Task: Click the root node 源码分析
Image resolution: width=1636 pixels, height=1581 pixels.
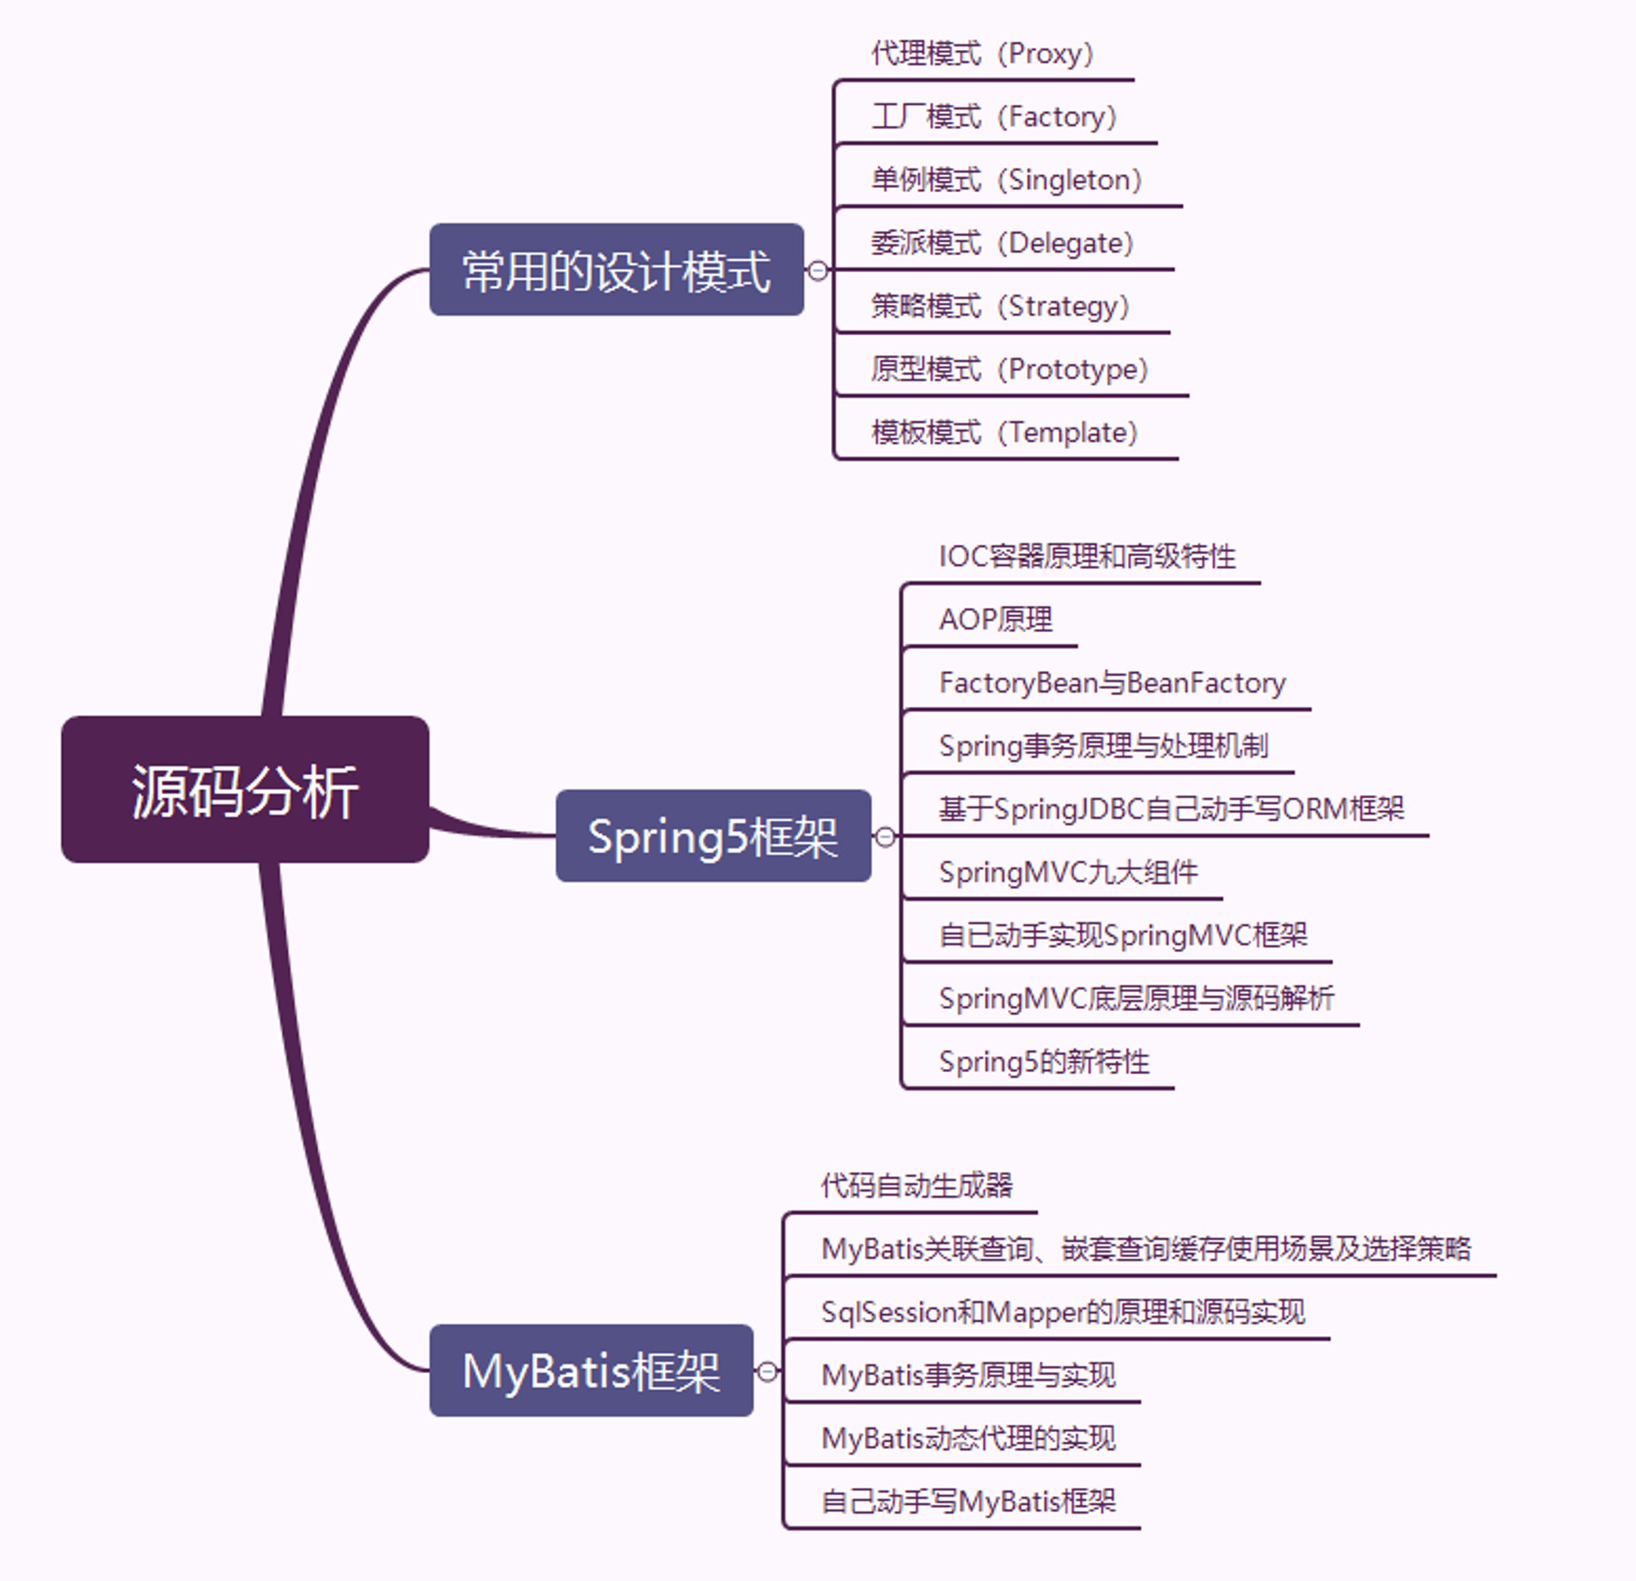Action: point(245,788)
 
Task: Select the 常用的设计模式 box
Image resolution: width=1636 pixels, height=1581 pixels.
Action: point(617,269)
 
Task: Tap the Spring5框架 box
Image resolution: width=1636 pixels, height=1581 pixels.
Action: point(713,836)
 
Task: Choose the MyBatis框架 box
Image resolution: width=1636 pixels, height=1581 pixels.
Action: point(591,1370)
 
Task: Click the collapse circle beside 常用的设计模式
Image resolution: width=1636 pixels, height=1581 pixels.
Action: point(818,271)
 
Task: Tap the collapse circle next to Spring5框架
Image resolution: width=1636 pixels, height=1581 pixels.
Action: point(885,837)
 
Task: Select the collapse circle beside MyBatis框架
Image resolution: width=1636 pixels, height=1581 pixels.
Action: point(767,1371)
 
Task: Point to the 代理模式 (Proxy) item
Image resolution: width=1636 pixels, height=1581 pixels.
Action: point(982,53)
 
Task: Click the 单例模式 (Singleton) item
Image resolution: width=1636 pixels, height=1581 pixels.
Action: point(1007,179)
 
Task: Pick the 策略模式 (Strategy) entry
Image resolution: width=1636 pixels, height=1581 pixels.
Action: point(1000,306)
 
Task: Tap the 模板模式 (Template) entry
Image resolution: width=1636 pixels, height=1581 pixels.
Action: point(1005,433)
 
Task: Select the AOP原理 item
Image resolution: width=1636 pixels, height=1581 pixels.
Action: point(996,619)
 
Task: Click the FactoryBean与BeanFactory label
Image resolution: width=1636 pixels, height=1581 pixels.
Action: point(1112,683)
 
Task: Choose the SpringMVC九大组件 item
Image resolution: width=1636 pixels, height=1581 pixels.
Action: point(1068,873)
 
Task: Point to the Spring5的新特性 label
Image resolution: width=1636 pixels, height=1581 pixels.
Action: point(1045,1062)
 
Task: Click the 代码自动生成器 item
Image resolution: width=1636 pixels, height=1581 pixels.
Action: point(916,1185)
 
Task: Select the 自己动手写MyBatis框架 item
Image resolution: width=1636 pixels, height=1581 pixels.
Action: point(969,1502)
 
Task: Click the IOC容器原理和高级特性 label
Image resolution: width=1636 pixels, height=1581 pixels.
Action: point(1087,556)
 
